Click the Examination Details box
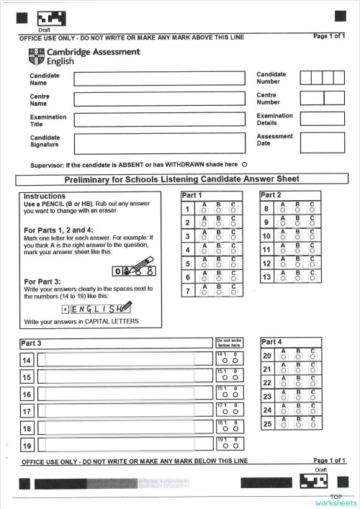click(x=322, y=119)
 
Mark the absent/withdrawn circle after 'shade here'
click(x=244, y=165)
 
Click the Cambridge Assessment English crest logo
click(x=36, y=56)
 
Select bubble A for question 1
click(x=204, y=212)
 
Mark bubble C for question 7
click(x=233, y=293)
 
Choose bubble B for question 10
click(x=297, y=238)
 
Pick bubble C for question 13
click(x=312, y=279)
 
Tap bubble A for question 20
click(x=284, y=358)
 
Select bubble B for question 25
click(x=297, y=425)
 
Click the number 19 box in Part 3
click(x=27, y=445)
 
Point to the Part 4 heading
click(x=273, y=342)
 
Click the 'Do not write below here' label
click(x=230, y=343)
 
